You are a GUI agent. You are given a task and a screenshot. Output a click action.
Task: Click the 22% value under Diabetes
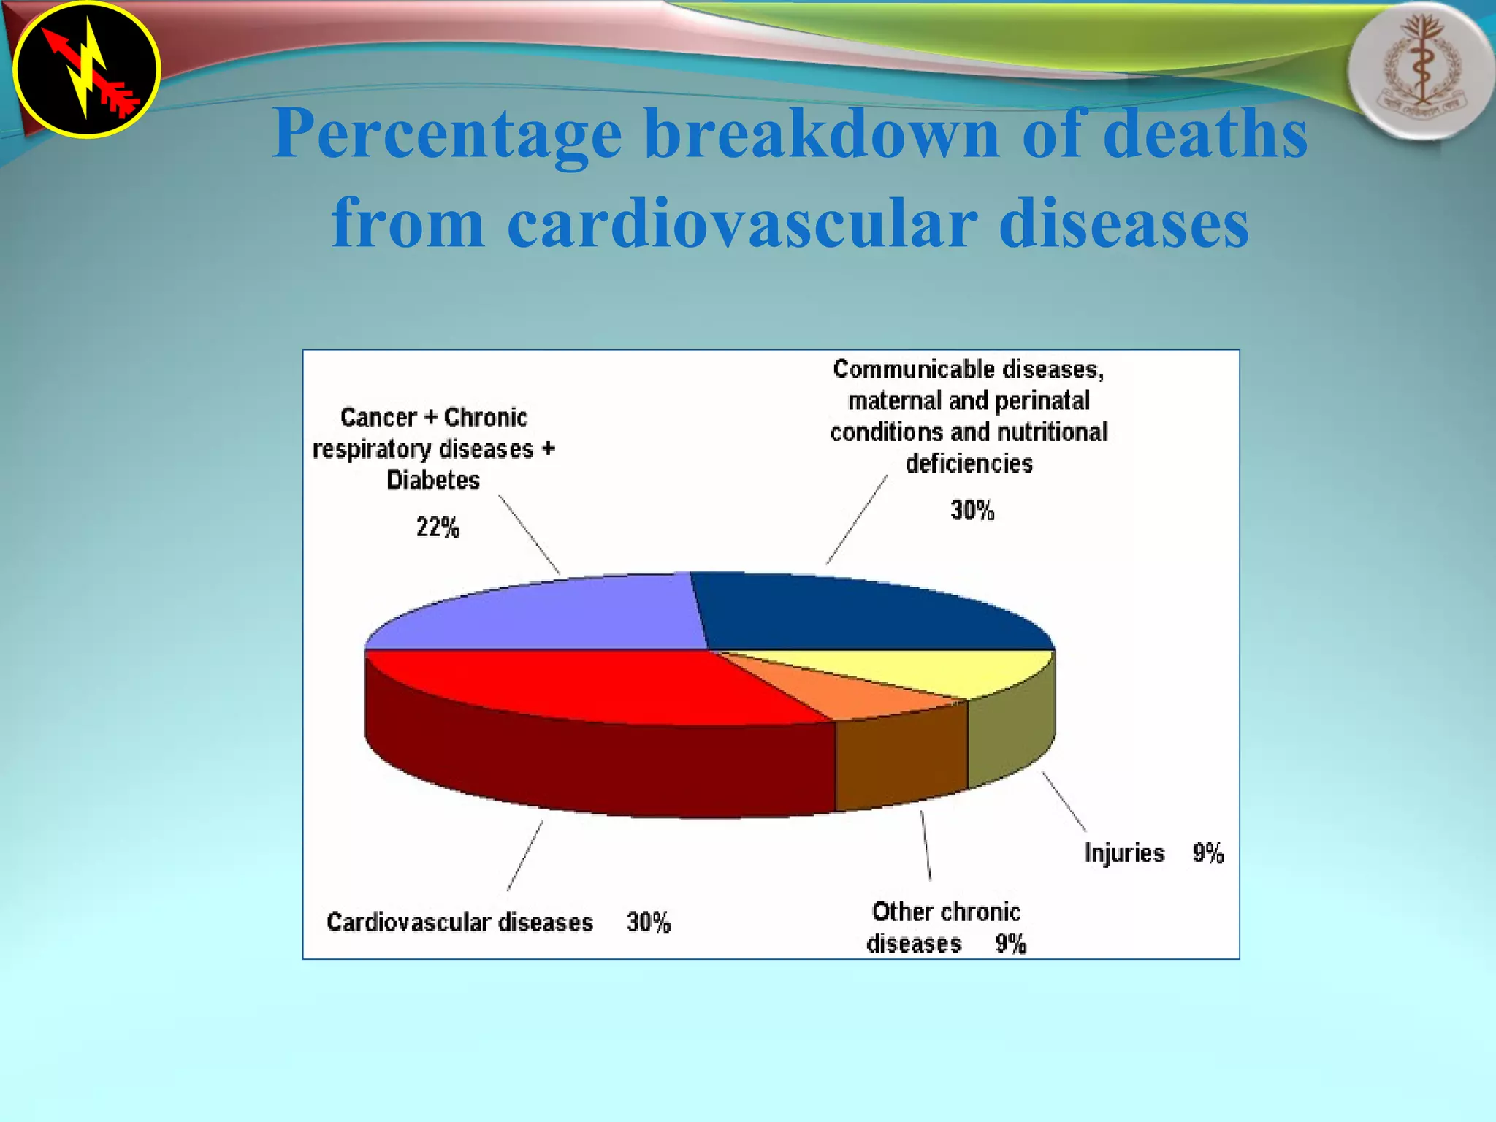(x=438, y=527)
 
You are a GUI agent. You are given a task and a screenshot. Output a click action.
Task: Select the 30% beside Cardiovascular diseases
(x=649, y=923)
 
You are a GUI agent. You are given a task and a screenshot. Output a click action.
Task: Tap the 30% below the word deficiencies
(x=972, y=511)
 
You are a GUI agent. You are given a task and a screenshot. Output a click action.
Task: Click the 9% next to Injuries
(x=1208, y=853)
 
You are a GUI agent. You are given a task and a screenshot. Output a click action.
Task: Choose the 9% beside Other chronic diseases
(x=1010, y=944)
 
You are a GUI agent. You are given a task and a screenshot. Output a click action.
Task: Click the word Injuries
(x=1124, y=853)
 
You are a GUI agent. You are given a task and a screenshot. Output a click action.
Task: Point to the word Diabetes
(x=433, y=480)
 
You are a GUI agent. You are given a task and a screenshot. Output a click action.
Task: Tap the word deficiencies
(x=969, y=464)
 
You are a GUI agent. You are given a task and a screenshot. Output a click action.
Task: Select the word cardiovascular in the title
(x=741, y=223)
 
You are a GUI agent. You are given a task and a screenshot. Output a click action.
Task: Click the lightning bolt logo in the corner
(x=87, y=69)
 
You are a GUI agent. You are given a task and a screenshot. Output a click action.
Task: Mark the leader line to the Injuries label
(x=1064, y=801)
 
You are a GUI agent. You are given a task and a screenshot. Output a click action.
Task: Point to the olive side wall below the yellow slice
(x=1012, y=738)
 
